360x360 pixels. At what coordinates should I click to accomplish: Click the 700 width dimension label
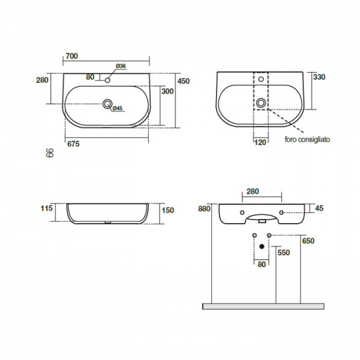[71, 56]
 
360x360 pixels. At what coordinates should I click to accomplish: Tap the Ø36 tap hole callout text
[121, 66]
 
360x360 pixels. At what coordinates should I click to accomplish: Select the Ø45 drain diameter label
[118, 108]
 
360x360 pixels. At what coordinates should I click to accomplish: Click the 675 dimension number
[73, 144]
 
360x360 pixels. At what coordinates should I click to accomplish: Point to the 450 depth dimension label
[184, 81]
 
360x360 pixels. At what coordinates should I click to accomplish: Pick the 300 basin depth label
[167, 91]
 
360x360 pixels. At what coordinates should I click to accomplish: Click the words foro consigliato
[307, 139]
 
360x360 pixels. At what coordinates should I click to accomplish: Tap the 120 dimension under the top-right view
[260, 142]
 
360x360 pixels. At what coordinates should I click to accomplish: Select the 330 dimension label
[319, 77]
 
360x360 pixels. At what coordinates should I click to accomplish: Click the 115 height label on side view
[47, 208]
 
